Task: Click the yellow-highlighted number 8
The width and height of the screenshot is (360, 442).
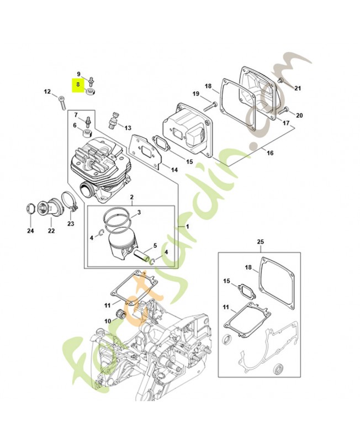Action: pyautogui.click(x=78, y=85)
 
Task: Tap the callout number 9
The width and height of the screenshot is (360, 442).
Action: pyautogui.click(x=78, y=73)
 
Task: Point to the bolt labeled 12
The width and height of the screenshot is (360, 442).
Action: pyautogui.click(x=62, y=101)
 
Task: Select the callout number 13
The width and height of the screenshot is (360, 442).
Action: pyautogui.click(x=128, y=128)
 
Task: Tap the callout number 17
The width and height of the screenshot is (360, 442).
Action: pyautogui.click(x=285, y=124)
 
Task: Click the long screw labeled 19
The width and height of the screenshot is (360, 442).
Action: pyautogui.click(x=210, y=104)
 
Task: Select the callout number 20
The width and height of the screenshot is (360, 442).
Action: pyautogui.click(x=299, y=115)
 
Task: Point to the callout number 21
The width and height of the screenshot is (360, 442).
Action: pyautogui.click(x=298, y=88)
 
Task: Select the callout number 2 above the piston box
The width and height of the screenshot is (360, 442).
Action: pyautogui.click(x=131, y=197)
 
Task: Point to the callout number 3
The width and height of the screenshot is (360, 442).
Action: pyautogui.click(x=139, y=212)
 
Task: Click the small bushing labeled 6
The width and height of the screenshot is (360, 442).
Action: pyautogui.click(x=86, y=135)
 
